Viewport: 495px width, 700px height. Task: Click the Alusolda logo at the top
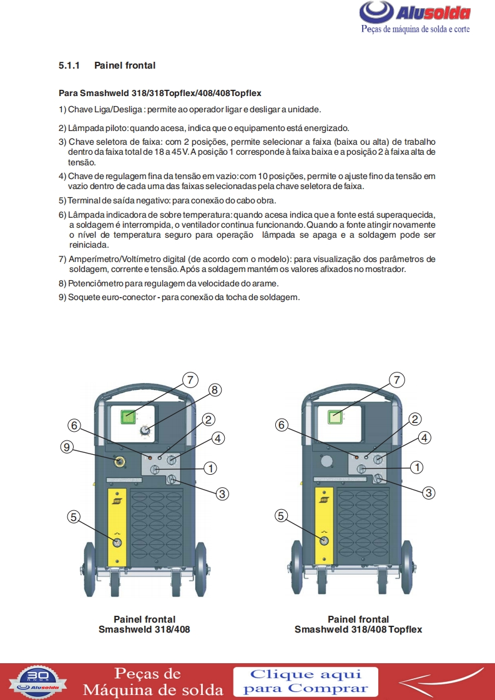click(x=415, y=17)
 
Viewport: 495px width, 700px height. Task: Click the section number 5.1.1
click(x=69, y=66)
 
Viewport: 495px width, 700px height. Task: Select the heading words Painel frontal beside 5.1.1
click(x=125, y=66)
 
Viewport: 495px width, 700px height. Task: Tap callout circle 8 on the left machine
click(x=215, y=390)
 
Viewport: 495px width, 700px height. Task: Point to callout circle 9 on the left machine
click(x=67, y=447)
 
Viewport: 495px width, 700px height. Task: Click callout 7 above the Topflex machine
click(x=397, y=380)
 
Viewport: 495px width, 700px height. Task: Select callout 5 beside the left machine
click(x=74, y=517)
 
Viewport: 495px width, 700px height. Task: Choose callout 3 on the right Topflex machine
click(x=428, y=492)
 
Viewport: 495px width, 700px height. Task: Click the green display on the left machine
click(x=128, y=417)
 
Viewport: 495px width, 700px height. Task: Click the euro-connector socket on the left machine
click(x=119, y=462)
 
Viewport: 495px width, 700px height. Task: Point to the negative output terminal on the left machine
click(x=117, y=542)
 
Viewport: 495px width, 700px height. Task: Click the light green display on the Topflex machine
click(x=335, y=417)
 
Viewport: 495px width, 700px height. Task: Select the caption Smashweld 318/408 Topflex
click(x=358, y=630)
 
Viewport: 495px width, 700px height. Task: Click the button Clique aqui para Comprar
click(x=306, y=681)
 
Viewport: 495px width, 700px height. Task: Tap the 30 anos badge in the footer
click(x=38, y=682)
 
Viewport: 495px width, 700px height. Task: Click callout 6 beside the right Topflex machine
click(x=282, y=424)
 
